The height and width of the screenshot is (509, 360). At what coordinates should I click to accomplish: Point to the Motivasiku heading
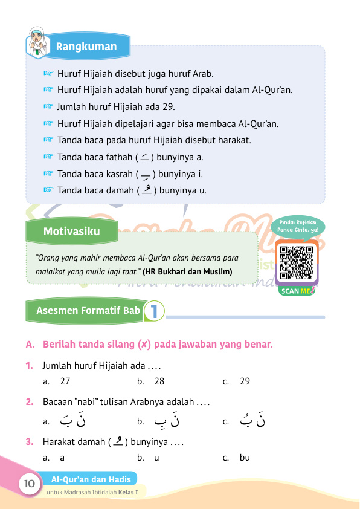coord(71,231)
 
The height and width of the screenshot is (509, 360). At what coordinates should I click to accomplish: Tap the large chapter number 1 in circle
coord(155,311)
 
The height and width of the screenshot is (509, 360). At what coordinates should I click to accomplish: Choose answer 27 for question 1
coord(66,381)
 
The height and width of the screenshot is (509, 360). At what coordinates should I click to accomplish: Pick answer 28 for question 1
coord(159,381)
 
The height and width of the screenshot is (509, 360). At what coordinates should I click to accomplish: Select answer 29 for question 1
coord(245,381)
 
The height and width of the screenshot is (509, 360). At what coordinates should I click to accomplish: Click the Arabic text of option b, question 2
coord(168,420)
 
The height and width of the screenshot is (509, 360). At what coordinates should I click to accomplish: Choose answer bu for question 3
coord(245,458)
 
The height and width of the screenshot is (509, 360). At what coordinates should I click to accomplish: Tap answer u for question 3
coord(156,458)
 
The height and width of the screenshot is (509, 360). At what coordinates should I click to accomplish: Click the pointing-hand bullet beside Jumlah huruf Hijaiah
coord(49,107)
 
